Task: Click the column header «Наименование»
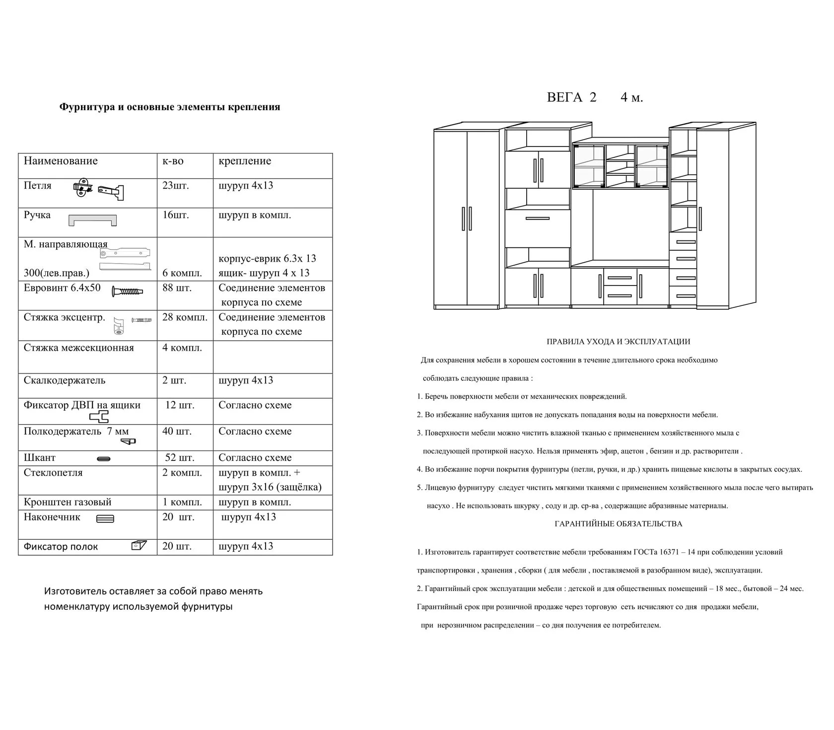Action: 61,161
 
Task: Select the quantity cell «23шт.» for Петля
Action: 176,186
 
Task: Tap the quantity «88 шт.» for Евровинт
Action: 177,288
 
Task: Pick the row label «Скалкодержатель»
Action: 65,380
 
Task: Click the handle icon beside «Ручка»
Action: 93,220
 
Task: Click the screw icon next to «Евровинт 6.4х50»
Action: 128,291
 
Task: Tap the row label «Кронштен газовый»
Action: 68,502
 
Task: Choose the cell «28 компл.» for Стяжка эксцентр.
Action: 185,317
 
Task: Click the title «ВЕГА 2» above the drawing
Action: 571,97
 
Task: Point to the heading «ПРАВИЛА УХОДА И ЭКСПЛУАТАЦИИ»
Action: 618,342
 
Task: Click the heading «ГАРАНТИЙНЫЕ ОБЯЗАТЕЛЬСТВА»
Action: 618,524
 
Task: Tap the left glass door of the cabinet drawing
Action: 589,166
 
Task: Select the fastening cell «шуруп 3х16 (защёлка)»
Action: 270,487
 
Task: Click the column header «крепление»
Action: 245,161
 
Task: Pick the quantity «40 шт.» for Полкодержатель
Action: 177,432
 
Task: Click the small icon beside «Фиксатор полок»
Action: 139,545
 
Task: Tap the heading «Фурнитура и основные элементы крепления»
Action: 170,107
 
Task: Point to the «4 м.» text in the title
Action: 631,97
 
